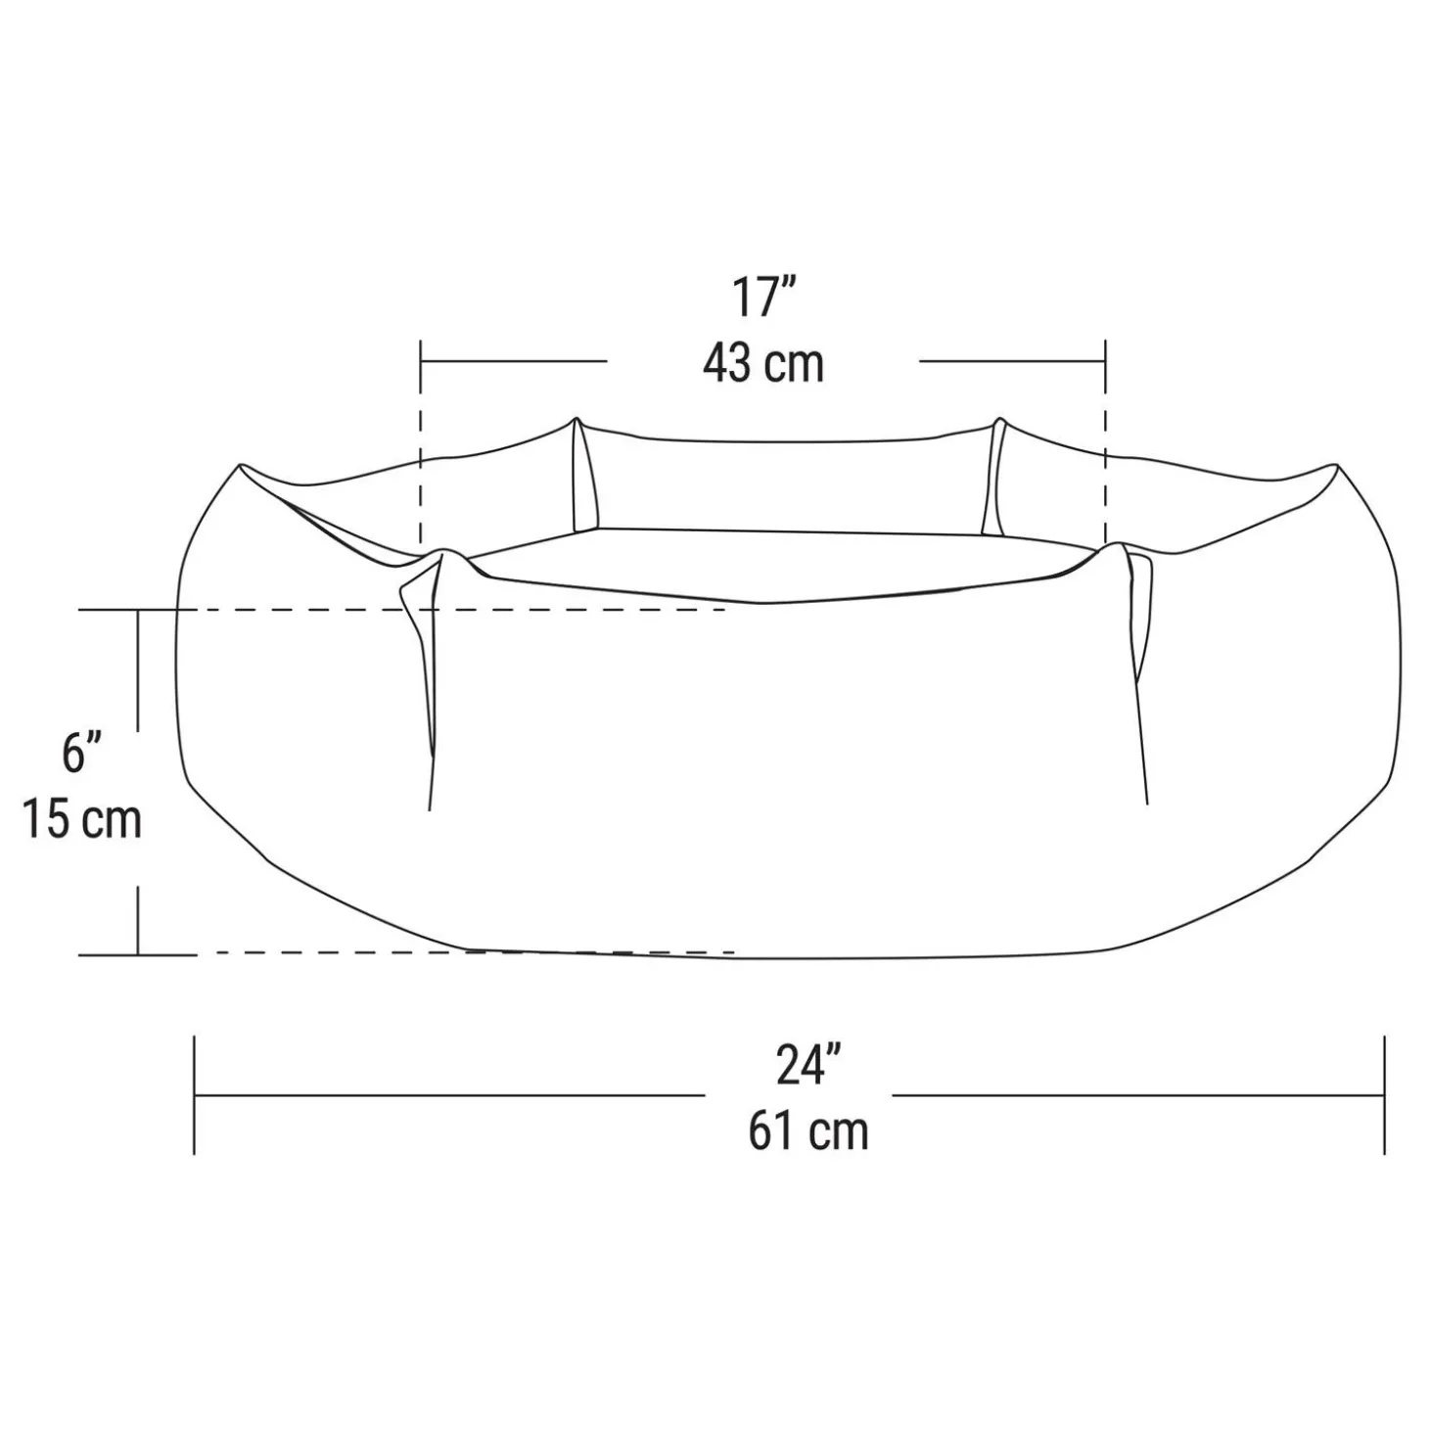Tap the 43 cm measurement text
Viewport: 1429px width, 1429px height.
point(763,363)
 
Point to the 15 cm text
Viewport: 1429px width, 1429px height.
point(81,818)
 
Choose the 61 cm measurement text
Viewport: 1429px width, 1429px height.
point(808,1131)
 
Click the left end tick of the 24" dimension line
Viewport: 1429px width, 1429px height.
point(195,1095)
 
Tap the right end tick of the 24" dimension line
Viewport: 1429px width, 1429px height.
point(1384,1095)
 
